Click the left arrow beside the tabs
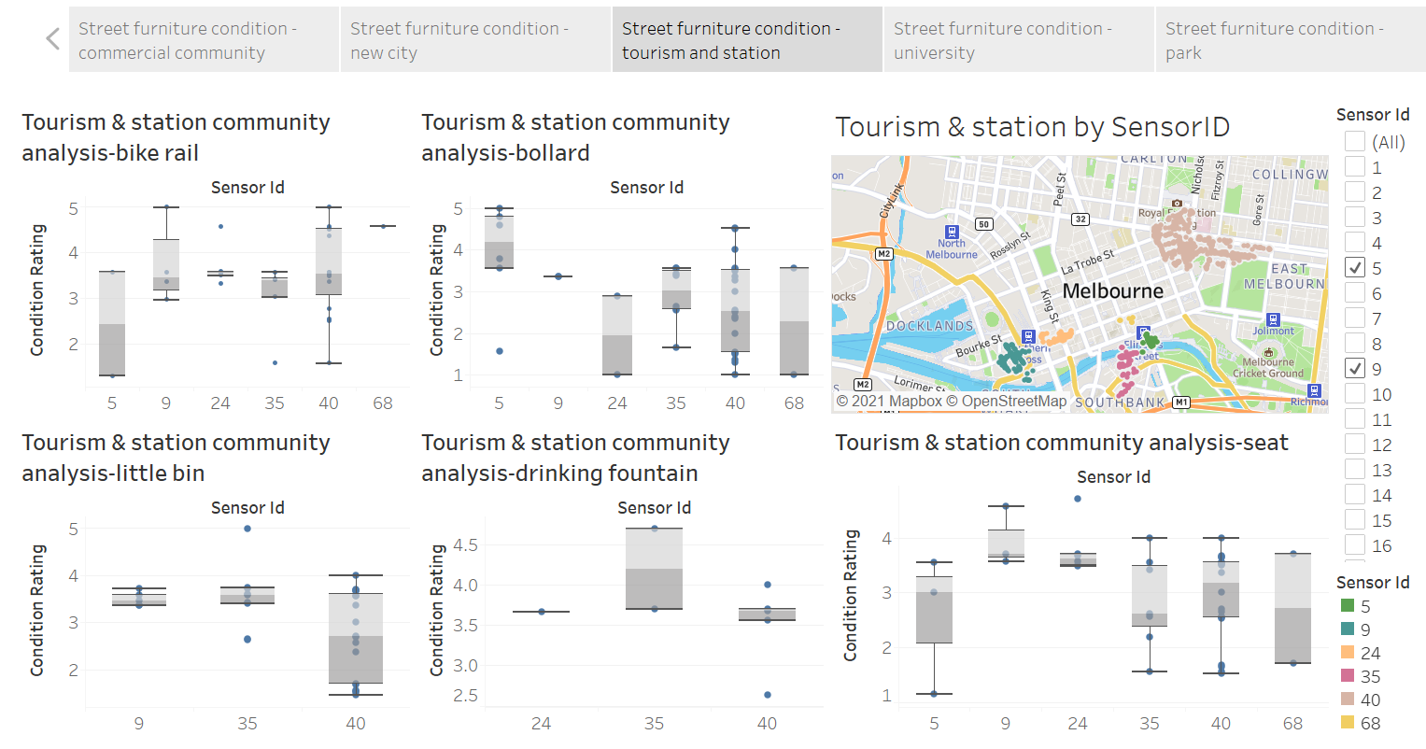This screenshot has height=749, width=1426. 52,39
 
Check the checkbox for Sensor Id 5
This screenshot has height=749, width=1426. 1355,268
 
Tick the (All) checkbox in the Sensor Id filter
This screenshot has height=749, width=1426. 1355,142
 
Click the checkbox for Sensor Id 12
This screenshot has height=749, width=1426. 1355,445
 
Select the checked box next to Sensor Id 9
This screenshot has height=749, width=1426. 1355,369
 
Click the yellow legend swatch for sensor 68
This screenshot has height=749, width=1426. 1347,723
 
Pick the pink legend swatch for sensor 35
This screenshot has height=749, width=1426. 1347,676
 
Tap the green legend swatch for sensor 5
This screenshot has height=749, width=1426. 1347,606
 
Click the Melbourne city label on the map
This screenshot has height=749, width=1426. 1112,291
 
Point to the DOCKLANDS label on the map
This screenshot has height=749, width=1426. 929,326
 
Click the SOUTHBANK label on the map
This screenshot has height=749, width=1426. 1120,403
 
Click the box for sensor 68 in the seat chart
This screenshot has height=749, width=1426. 1292,608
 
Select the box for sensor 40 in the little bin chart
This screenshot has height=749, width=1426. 356,638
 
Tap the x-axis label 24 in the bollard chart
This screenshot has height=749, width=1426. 617,403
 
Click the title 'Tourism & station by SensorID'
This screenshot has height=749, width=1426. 1032,127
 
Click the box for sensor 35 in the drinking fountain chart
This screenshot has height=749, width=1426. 654,569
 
